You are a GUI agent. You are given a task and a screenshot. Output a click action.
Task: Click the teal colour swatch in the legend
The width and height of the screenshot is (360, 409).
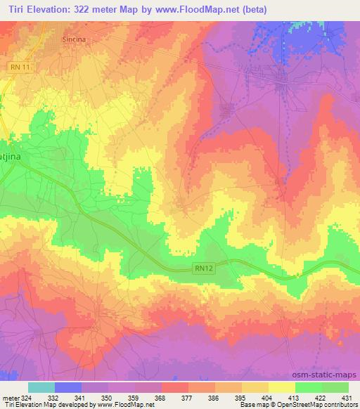pos(41,387)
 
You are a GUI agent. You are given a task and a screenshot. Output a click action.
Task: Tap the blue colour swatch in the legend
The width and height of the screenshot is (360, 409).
pos(68,387)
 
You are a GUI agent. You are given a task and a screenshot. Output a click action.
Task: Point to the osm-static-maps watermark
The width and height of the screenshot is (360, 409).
pos(331,374)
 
